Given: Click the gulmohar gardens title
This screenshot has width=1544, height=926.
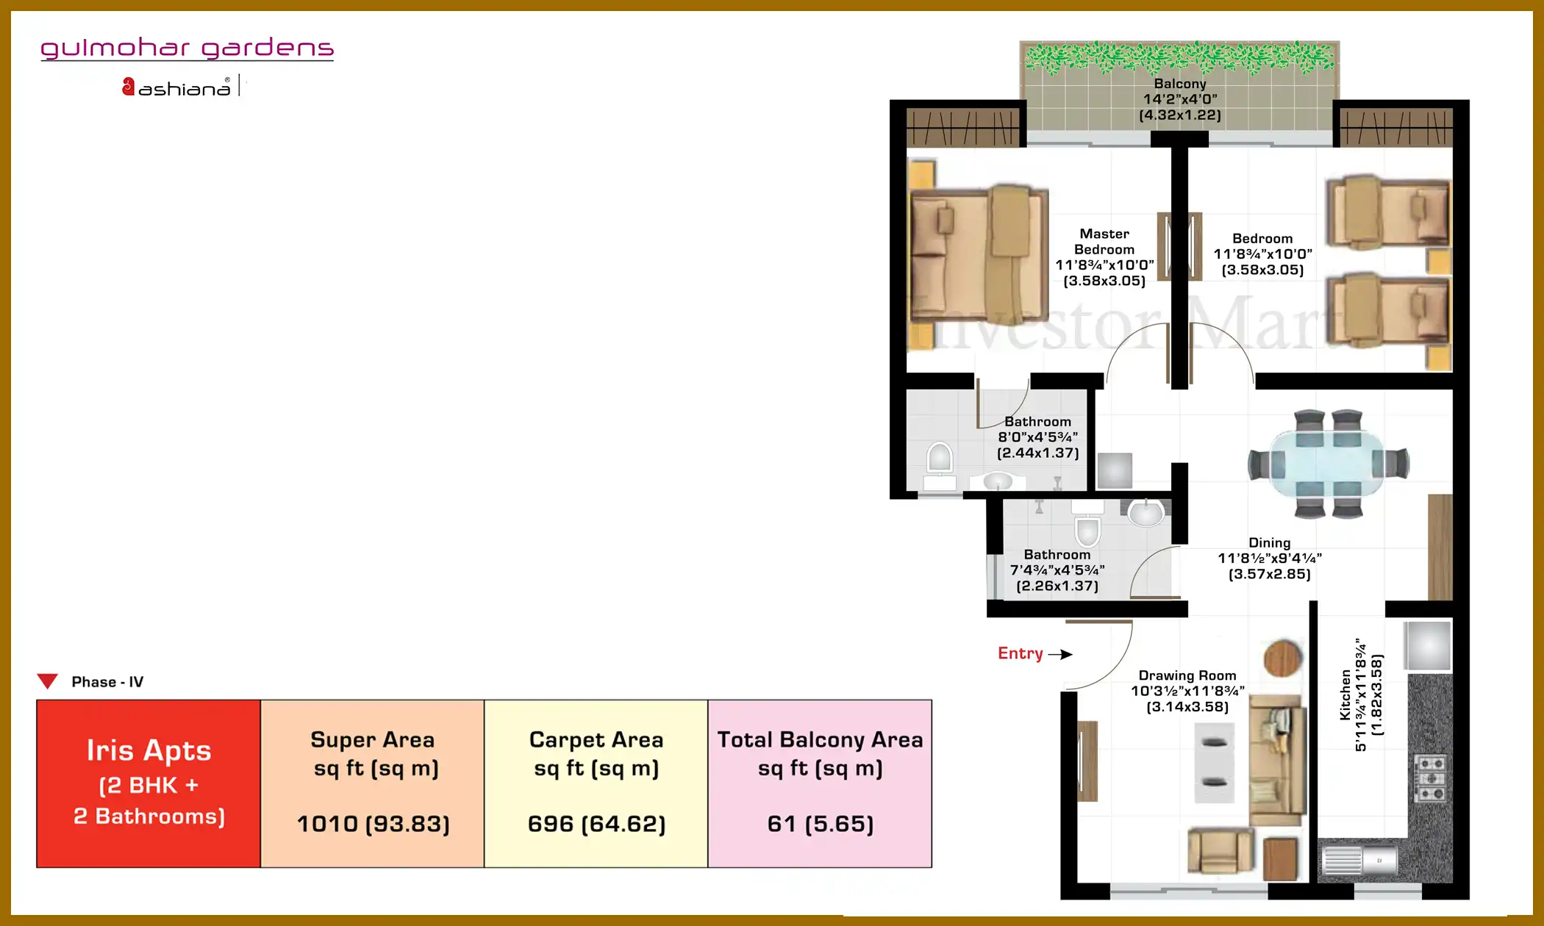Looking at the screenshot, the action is (x=187, y=49).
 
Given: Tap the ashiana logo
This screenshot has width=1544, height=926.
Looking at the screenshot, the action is (x=176, y=87).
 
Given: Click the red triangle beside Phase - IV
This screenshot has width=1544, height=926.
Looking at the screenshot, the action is (x=48, y=681).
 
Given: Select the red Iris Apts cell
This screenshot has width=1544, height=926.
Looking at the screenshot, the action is (x=149, y=783).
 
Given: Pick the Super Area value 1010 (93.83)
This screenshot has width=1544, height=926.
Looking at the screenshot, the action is (x=373, y=824).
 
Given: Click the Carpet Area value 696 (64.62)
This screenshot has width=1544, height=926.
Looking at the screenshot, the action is (x=596, y=824).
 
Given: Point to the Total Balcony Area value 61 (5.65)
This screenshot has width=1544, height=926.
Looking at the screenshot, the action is (x=821, y=824).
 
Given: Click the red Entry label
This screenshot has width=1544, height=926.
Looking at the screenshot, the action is (x=1020, y=653).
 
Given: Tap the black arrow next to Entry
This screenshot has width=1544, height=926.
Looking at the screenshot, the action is (x=1060, y=654).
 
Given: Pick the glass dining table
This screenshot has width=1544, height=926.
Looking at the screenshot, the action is (x=1328, y=464).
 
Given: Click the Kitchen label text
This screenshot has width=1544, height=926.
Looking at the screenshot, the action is (x=1345, y=694).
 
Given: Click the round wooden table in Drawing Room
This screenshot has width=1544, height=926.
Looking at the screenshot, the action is (x=1282, y=658).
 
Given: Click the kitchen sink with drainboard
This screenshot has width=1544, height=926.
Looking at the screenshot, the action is (x=1359, y=860).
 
